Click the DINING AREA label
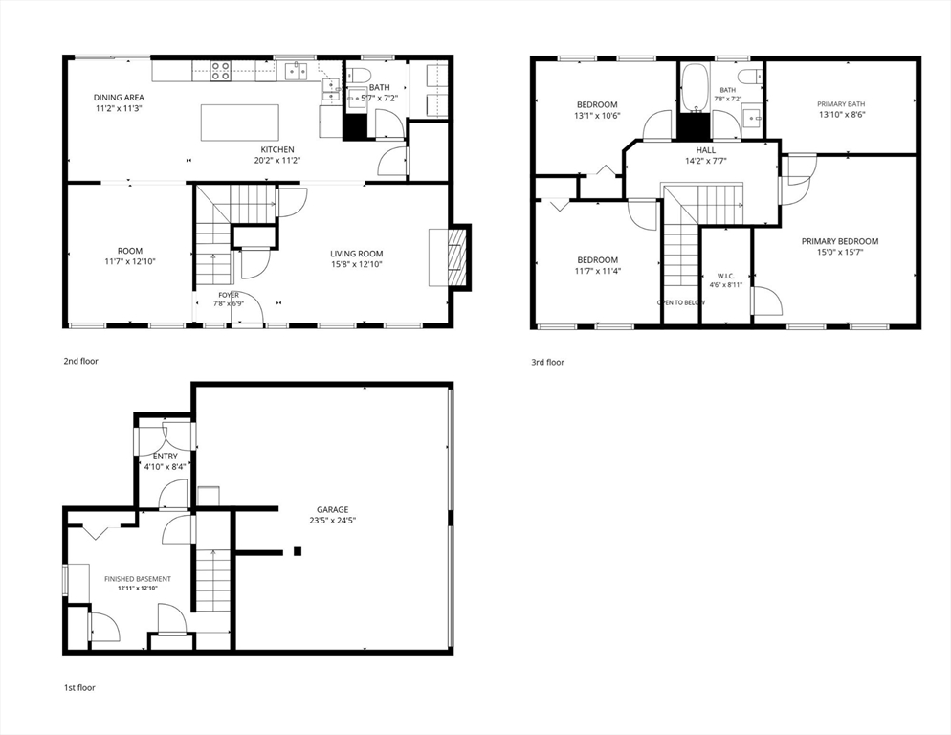(119, 97)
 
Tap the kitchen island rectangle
(240, 122)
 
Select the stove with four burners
(221, 71)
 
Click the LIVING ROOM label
(357, 254)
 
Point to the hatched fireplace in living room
(458, 257)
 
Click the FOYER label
(229, 295)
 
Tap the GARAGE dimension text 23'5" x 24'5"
(332, 520)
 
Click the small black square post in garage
(298, 551)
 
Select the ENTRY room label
(166, 457)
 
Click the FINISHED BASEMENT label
(138, 579)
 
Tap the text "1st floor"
(79, 688)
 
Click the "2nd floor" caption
(80, 361)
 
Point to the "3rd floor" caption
(547, 363)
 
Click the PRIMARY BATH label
(841, 103)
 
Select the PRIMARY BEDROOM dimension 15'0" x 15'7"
(840, 252)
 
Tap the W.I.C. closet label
(726, 276)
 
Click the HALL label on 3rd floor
(706, 150)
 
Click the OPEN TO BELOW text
(681, 302)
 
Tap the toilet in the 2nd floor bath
(362, 76)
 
